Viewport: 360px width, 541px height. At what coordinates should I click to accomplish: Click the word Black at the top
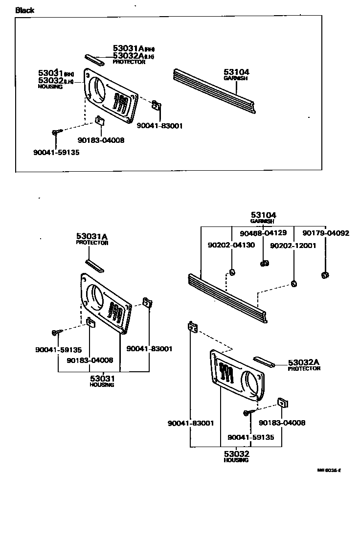25,10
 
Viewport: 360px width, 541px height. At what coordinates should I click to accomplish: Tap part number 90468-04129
263,233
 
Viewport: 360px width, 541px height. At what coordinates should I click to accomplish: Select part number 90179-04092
325,233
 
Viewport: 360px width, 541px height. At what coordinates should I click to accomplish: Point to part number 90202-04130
231,245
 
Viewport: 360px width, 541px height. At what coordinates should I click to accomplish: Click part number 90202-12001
293,245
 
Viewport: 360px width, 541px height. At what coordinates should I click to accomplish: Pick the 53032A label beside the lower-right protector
303,362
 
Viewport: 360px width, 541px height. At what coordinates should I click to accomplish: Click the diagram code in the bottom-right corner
328,471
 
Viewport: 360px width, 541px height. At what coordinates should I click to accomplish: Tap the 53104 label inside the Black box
237,72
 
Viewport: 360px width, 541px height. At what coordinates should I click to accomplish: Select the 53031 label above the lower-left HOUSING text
102,379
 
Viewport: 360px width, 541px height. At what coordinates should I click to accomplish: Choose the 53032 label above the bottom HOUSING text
236,454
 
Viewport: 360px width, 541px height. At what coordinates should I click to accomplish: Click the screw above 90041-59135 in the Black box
56,132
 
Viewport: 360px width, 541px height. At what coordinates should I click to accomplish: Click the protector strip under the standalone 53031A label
94,266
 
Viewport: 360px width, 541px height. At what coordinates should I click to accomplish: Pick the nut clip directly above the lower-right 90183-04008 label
283,403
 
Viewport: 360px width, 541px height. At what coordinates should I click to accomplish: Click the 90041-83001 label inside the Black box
159,126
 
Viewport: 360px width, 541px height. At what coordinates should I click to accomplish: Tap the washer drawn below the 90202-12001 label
293,283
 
